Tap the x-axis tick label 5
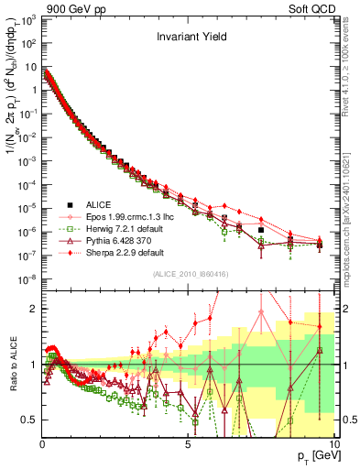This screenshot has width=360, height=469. pos(188,443)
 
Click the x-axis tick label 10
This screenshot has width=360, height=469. pos(333,443)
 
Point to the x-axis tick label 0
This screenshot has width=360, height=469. pos(43,443)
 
